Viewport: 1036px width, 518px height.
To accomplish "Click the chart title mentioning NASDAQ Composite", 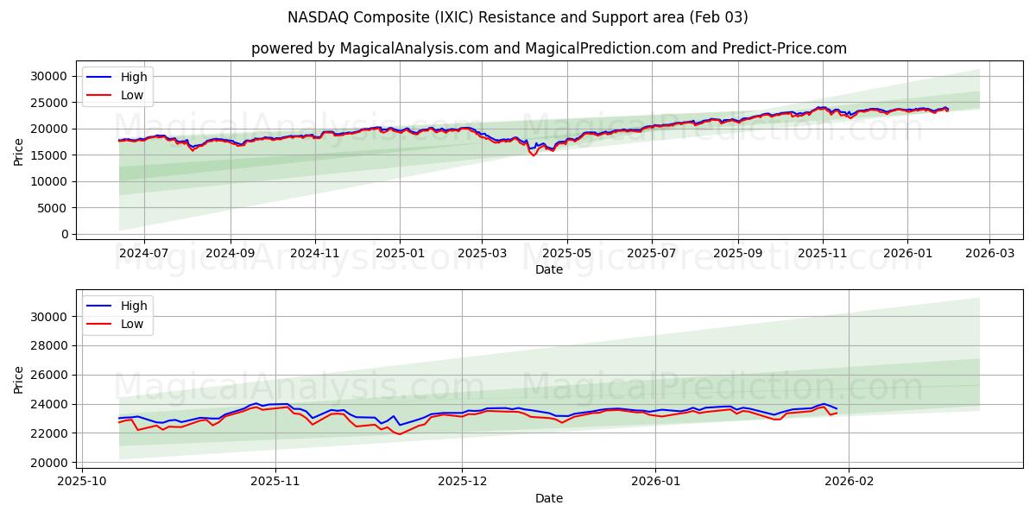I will [x=518, y=17].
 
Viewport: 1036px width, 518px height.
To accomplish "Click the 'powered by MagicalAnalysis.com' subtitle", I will [x=548, y=48].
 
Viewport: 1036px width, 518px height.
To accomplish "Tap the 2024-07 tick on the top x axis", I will [x=143, y=253].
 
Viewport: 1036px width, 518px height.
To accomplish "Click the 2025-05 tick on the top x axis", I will [x=567, y=253].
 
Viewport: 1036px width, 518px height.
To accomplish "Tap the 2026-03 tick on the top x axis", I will [x=989, y=253].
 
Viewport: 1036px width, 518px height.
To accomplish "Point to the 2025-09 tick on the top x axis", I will [x=738, y=253].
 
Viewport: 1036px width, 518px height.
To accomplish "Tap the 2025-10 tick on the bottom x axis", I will [x=83, y=482].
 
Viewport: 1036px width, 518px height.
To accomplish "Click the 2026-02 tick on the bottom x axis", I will [x=849, y=482].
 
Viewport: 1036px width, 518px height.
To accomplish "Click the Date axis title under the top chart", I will [x=548, y=269].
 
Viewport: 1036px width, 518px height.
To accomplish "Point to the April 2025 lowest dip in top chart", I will [x=534, y=155].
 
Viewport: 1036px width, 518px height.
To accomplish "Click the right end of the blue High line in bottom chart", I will [x=837, y=408].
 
